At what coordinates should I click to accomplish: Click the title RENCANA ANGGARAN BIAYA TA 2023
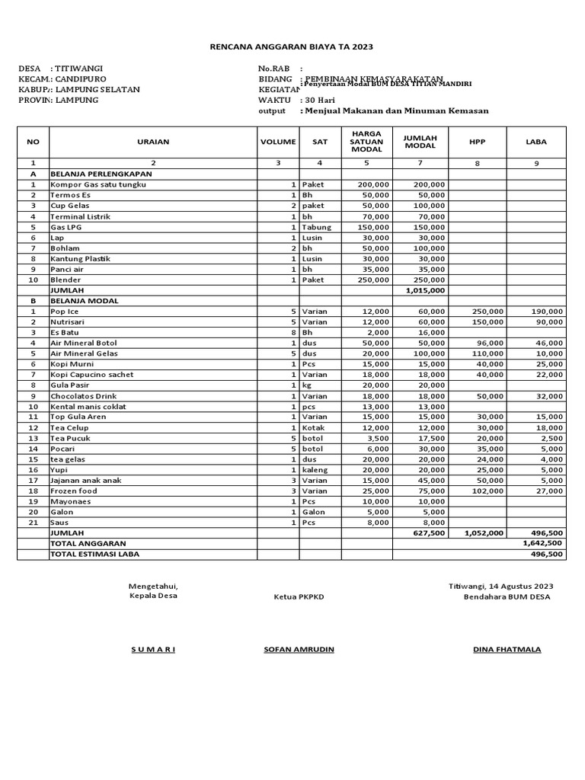coord(292,47)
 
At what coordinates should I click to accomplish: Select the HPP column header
coord(478,142)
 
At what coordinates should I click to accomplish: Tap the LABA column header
coord(536,142)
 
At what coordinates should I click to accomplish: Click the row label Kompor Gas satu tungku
coord(98,185)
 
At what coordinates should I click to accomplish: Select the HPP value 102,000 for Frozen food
coord(487,491)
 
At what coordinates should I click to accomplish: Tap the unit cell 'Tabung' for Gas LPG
coord(316,227)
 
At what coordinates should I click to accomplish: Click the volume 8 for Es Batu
coord(293,333)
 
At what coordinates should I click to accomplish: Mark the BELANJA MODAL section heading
coord(82,301)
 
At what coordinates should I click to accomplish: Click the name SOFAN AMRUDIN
coord(299,649)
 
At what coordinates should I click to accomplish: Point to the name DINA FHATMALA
coord(507,649)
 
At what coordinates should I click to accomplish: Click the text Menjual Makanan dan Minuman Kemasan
coord(396,111)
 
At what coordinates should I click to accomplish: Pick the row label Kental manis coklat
coord(88,407)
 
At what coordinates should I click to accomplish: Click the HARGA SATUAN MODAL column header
coord(366,142)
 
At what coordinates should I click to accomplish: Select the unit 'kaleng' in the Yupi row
coord(315,470)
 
